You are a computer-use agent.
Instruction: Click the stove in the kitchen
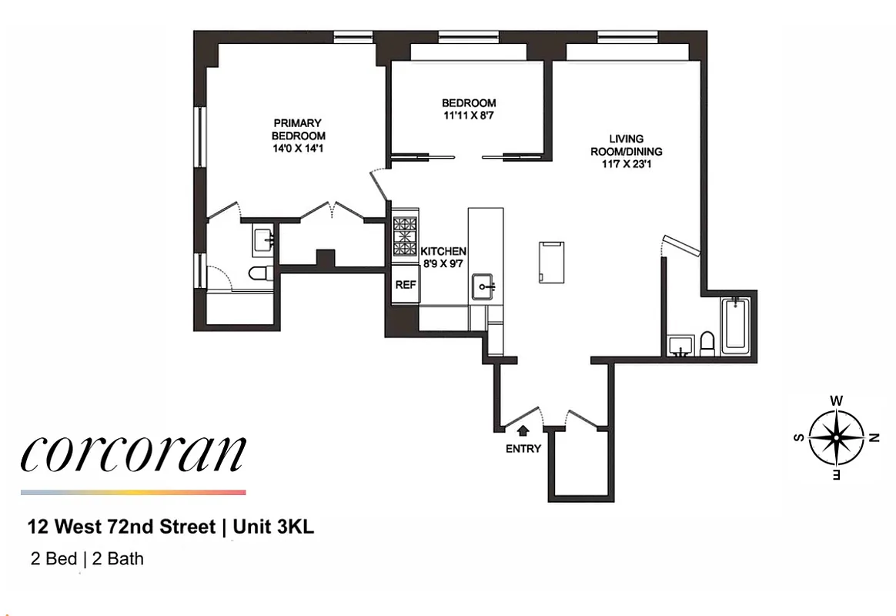pos(405,236)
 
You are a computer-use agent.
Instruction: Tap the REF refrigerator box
pos(405,284)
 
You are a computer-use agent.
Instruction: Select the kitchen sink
pos(485,286)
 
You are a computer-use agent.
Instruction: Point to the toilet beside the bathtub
pos(706,343)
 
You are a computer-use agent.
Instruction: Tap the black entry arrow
pos(523,432)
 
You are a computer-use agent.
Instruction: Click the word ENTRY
pos(523,449)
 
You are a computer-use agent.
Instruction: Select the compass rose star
pos(835,437)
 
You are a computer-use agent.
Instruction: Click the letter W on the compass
pos(836,400)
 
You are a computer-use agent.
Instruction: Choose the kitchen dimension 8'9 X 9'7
pos(443,263)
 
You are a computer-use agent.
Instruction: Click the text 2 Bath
pos(118,559)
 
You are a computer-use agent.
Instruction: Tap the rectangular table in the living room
pos(551,261)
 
